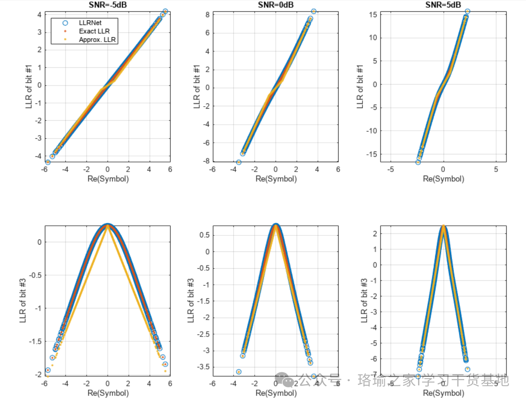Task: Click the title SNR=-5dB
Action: click(108, 5)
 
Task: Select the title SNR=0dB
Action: click(275, 5)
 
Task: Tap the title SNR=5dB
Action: click(443, 5)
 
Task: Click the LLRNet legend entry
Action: click(90, 23)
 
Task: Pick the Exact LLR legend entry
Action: click(94, 31)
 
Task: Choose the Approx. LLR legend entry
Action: click(97, 40)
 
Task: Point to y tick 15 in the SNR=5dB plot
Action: click(373, 15)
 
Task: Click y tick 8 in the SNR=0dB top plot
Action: click(208, 15)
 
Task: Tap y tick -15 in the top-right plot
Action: click(371, 154)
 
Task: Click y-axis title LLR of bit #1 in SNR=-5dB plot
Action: click(29, 86)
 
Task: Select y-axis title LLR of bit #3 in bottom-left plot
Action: click(23, 301)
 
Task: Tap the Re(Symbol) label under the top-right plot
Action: click(443, 179)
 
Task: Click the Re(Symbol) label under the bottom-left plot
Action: click(108, 393)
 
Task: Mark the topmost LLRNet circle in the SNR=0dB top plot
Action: click(314, 11)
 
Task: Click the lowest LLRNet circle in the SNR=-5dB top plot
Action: click(48, 162)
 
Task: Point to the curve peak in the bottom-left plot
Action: click(108, 225)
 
